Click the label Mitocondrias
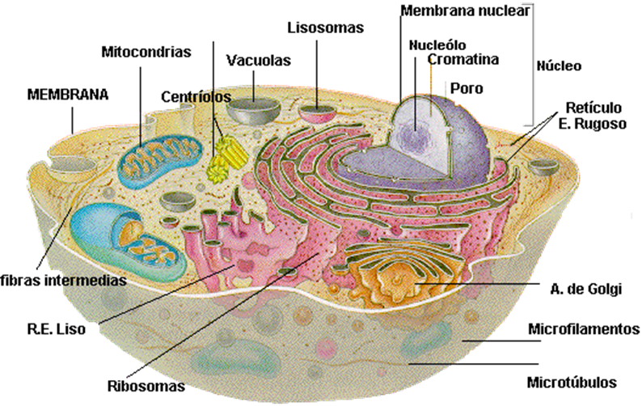[146, 53]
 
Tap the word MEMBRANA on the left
[67, 94]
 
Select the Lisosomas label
[325, 28]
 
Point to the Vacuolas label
[258, 61]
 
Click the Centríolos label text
[196, 97]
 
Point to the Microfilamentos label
[584, 329]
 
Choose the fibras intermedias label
[63, 281]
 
